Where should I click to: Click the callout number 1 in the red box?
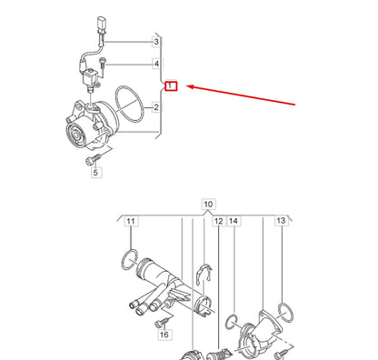[x=170, y=85]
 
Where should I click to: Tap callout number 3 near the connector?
[x=156, y=42]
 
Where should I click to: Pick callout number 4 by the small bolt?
[x=156, y=65]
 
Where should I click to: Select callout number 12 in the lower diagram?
[x=218, y=222]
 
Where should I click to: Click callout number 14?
[x=233, y=222]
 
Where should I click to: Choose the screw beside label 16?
[x=163, y=323]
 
